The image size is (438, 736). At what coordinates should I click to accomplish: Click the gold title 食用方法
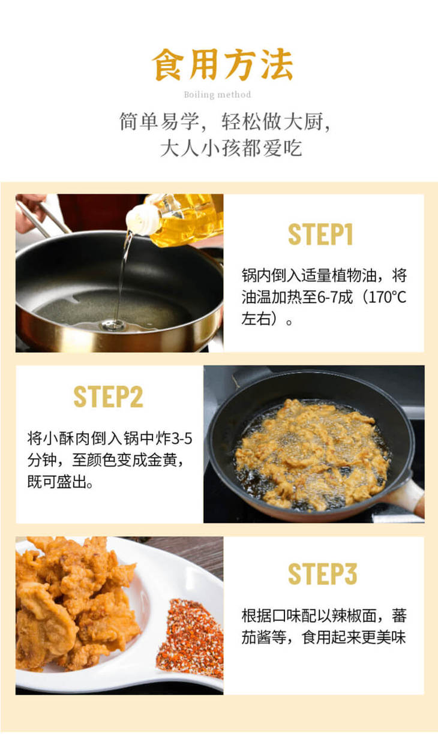(x=222, y=64)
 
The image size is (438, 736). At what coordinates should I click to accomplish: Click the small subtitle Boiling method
(x=218, y=95)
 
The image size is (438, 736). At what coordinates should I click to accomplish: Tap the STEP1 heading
(x=320, y=235)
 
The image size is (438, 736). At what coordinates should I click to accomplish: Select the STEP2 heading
(x=109, y=396)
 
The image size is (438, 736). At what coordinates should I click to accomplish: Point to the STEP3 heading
(x=322, y=574)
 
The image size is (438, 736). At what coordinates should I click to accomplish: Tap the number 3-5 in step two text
(x=181, y=438)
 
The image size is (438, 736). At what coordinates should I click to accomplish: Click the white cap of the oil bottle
(x=142, y=220)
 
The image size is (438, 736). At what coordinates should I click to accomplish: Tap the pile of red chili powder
(x=191, y=639)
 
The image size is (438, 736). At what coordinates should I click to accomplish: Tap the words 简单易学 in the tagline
(x=159, y=121)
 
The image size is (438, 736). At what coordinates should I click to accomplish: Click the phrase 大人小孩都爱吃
(x=231, y=148)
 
